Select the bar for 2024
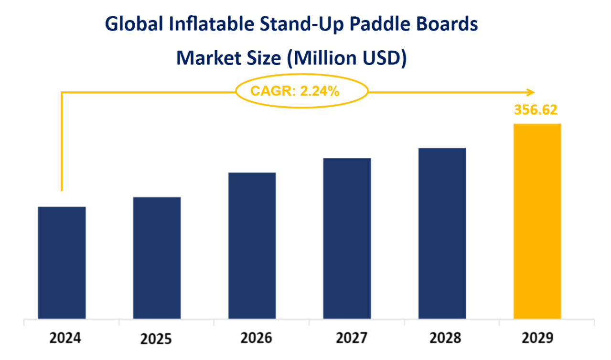coord(62,262)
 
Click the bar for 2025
coord(157,258)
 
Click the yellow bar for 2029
coord(537,221)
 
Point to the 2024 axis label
coord(65,338)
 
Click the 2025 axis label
coord(156,339)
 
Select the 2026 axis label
coord(256,338)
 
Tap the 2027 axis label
coord(351,338)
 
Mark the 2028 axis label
coord(445,338)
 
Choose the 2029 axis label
coord(537,338)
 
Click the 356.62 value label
coord(536,109)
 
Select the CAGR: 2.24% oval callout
coord(302,91)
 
